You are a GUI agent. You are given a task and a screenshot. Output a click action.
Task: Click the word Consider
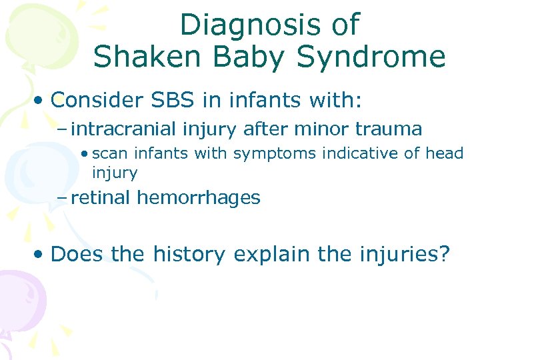point(97,101)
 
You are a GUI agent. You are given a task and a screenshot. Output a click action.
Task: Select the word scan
point(111,153)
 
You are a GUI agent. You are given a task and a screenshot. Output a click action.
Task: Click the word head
point(445,153)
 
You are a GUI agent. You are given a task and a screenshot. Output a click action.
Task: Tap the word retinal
point(100,197)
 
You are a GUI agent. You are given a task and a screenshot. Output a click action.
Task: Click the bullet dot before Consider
point(41,101)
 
